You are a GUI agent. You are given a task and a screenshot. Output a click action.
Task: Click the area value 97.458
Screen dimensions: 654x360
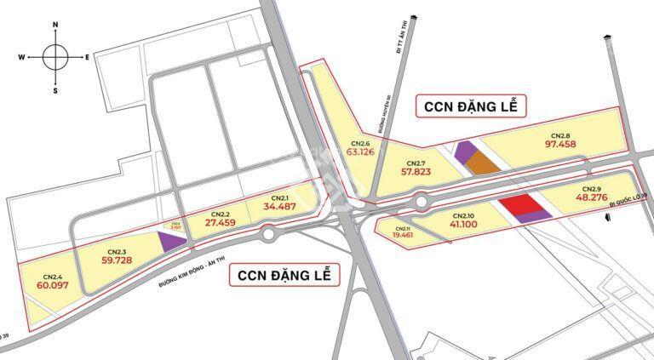[560, 145]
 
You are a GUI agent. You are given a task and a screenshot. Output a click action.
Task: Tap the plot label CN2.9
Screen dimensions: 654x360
[592, 188]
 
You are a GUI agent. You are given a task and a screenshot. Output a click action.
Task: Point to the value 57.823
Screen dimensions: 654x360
[416, 171]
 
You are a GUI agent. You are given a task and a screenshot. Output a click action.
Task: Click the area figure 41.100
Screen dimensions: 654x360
[463, 224]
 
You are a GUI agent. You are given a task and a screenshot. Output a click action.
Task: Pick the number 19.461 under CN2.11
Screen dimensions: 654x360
[403, 236]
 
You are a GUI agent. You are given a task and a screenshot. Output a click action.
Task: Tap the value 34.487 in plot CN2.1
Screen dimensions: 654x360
[280, 206]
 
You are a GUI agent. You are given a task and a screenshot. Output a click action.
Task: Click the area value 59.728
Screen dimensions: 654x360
[117, 260]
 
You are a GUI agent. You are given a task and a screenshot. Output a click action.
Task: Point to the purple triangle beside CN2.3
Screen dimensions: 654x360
[173, 242]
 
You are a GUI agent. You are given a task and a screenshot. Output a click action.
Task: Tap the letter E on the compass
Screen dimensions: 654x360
[87, 58]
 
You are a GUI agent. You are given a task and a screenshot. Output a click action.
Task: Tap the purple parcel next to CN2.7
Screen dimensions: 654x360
[465, 151]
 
